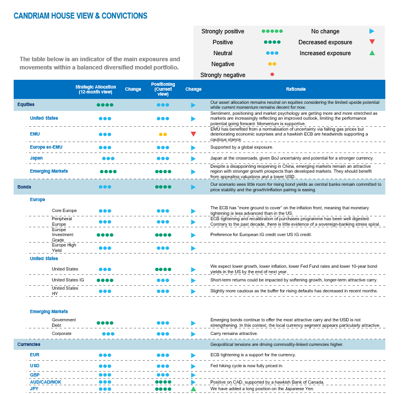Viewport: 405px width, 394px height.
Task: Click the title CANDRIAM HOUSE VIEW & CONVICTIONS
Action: [x=80, y=16]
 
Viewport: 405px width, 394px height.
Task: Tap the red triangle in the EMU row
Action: [x=193, y=134]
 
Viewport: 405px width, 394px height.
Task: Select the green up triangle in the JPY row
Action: [x=193, y=389]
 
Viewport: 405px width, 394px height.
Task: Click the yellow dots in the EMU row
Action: [x=163, y=134]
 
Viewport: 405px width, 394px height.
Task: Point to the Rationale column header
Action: [x=296, y=89]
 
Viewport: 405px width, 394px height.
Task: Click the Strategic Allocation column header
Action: [x=95, y=89]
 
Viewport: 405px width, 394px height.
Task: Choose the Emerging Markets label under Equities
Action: [x=49, y=171]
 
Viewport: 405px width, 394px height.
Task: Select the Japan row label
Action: [x=36, y=158]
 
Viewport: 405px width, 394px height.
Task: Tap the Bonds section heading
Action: [x=24, y=186]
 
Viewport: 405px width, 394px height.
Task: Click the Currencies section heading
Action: [x=28, y=345]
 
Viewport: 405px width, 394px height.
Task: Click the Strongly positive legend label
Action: [x=223, y=32]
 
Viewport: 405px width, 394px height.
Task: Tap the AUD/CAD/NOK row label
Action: [x=46, y=381]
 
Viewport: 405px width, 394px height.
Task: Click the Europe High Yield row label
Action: [x=64, y=248]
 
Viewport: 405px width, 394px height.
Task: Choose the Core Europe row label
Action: [x=64, y=210]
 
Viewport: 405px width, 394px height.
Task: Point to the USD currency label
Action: [x=35, y=366]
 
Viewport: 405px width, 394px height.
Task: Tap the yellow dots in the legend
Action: [x=272, y=64]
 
